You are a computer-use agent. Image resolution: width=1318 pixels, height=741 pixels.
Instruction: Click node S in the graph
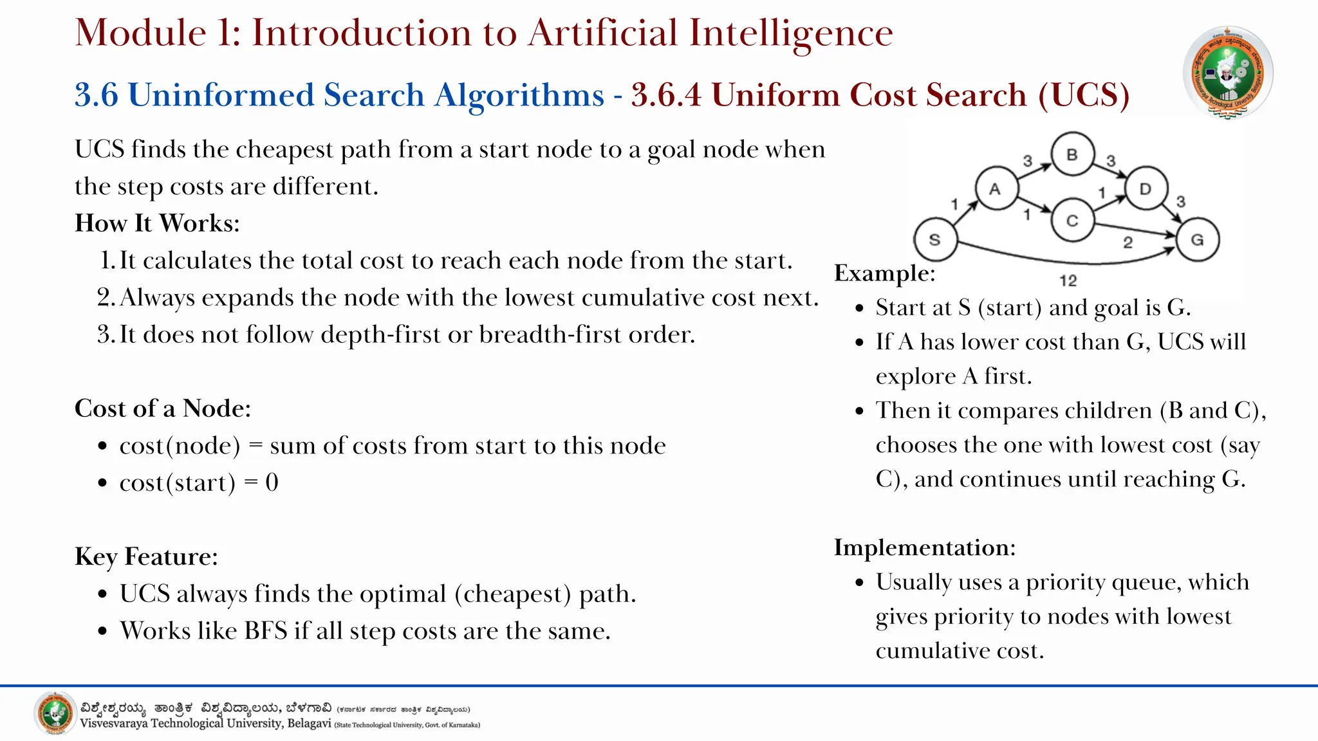934,240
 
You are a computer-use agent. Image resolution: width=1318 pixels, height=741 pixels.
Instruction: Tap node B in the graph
1072,154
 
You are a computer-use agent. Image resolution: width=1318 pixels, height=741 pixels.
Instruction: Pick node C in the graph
1072,221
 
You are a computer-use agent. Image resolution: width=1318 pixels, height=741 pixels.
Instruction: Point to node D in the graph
1146,189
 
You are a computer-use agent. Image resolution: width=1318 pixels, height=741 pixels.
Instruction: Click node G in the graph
1197,240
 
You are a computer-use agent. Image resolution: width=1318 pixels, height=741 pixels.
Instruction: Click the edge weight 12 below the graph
1068,280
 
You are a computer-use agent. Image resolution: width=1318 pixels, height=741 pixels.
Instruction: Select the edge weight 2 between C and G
1128,242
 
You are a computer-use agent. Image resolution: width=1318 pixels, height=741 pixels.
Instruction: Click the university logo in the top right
1228,73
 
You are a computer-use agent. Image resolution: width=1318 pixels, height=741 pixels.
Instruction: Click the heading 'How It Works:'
157,223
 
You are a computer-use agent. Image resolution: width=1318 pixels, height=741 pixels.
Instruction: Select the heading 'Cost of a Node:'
163,408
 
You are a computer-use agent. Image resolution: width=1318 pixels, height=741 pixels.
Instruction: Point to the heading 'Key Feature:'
146,556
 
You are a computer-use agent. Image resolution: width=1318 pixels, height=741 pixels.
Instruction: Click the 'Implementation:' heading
925,547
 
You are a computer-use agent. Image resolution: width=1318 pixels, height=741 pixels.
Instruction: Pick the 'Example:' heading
884,273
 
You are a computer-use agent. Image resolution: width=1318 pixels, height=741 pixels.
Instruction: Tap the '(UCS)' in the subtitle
1084,95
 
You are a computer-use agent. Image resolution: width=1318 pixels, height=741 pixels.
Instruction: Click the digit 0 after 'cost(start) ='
272,482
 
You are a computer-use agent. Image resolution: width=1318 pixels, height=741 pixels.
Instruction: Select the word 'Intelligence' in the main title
791,33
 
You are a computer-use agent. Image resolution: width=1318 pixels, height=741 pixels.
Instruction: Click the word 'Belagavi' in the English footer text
309,724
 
